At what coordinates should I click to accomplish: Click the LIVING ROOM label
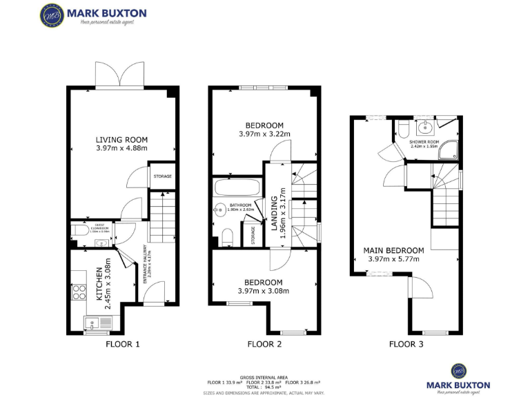pos(121,140)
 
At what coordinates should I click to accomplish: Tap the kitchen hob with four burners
pos(77,292)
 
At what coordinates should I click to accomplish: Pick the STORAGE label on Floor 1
pos(162,176)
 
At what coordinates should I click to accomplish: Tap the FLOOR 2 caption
pos(264,344)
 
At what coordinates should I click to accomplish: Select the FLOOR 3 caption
pos(406,344)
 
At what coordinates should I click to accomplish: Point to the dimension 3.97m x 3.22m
pos(264,134)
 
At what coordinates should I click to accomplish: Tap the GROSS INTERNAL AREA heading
pos(264,377)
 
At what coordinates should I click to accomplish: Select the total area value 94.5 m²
pos(264,387)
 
